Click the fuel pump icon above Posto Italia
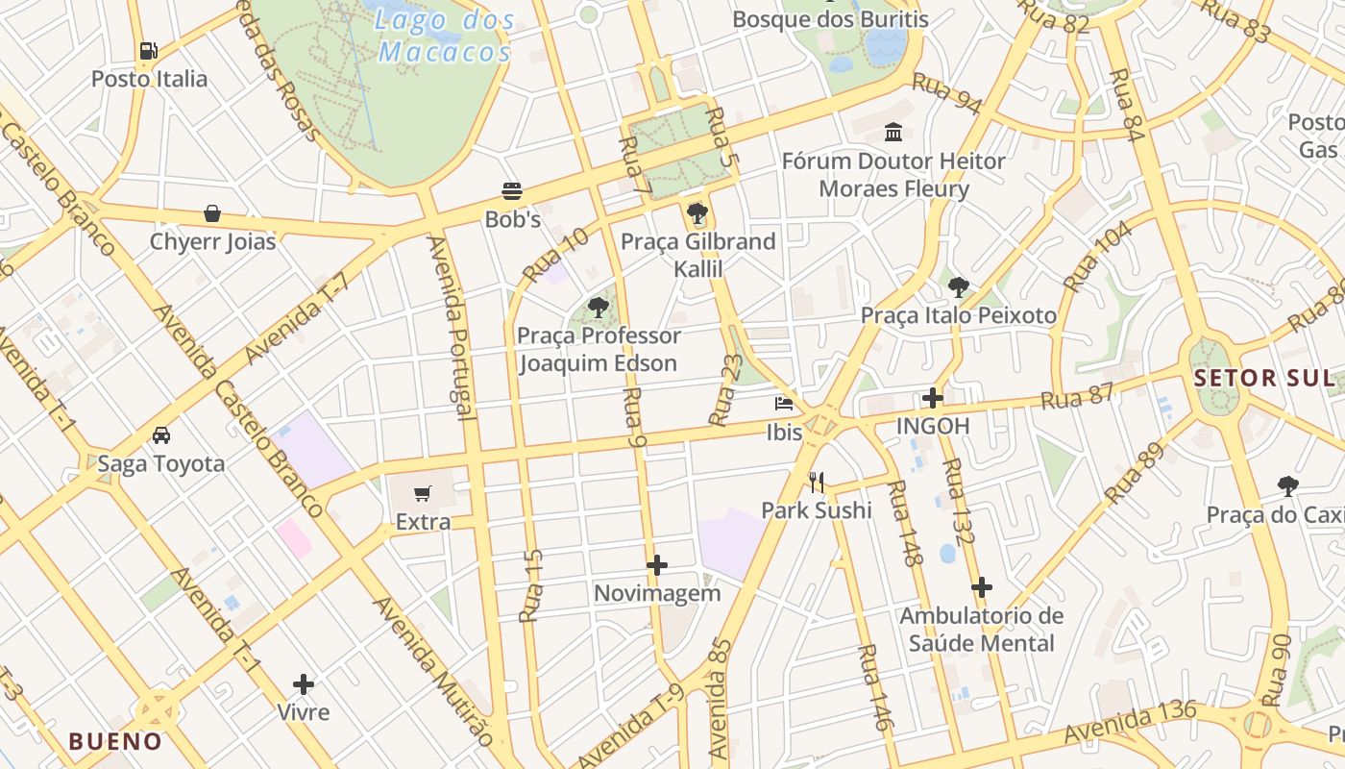148,50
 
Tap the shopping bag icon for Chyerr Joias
212,213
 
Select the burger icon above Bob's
512,191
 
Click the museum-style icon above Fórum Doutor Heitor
893,132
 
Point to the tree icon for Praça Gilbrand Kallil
697,213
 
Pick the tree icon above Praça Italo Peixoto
958,286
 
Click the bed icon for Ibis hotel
784,404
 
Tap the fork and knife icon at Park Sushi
817,482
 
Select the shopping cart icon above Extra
423,494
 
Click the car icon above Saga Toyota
161,435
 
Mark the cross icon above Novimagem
657,565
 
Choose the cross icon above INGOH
933,397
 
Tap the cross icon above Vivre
304,684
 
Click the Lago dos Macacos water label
446,36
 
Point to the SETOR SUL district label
1263,378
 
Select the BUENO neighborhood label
115,741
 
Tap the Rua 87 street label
1077,396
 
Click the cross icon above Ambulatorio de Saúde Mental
981,587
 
